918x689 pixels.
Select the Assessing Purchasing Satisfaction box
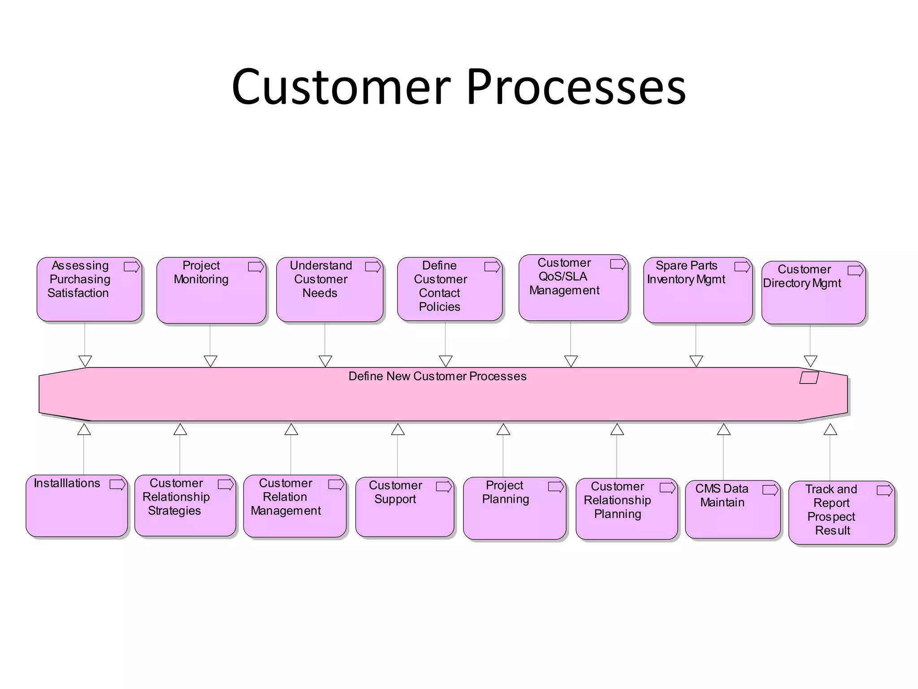tap(89, 289)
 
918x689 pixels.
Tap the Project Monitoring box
tap(211, 290)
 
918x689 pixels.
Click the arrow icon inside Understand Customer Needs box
tap(373, 267)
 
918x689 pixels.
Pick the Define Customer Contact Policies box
tap(450, 289)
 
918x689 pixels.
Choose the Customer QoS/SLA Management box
tap(573, 288)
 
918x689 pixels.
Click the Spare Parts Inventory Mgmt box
tap(697, 290)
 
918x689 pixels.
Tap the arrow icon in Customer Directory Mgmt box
tap(855, 270)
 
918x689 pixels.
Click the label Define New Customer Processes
tap(437, 376)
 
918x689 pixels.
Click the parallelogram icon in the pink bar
tap(809, 378)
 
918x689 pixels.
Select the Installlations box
tap(77, 506)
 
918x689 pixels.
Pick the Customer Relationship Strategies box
tap(185, 505)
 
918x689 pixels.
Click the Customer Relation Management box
tap(294, 506)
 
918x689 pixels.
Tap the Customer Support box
tap(404, 506)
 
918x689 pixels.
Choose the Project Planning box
tap(514, 508)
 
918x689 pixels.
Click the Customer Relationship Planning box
tap(626, 508)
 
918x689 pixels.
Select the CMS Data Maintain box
tap(732, 509)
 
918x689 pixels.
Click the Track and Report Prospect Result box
tap(841, 512)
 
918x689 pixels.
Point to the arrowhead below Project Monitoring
tap(210, 361)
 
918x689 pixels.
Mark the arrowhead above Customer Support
tap(398, 430)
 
